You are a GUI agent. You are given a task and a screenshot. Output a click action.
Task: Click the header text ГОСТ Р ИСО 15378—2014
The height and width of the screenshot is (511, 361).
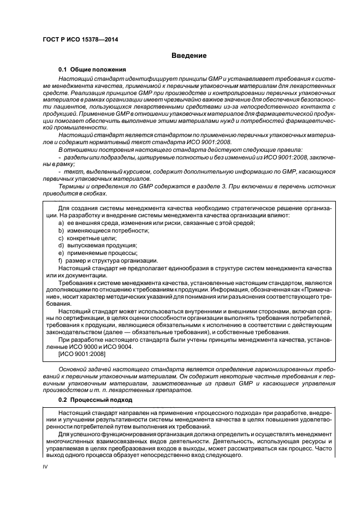click(x=80, y=39)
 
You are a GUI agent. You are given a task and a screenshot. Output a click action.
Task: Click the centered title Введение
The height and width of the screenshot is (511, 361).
click(x=188, y=56)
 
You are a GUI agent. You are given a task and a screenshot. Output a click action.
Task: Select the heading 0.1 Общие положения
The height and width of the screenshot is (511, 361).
click(x=92, y=69)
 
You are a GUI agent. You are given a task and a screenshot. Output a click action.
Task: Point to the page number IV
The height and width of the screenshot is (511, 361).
click(x=45, y=467)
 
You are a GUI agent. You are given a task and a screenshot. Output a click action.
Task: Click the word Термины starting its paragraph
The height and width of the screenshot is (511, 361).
click(x=72, y=187)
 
